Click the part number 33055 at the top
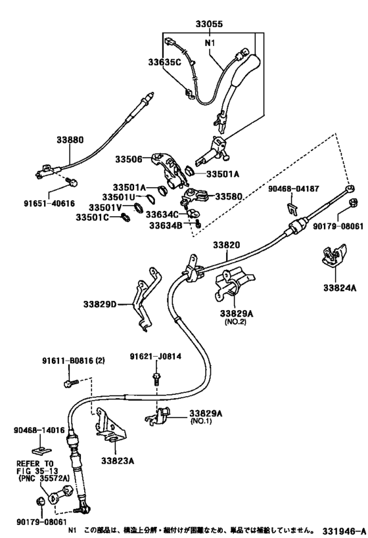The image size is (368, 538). click(209, 24)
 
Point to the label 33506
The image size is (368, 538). click(129, 159)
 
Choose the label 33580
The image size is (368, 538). click(228, 196)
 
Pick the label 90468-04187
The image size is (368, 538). click(294, 189)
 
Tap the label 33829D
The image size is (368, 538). click(100, 304)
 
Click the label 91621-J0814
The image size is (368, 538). click(155, 357)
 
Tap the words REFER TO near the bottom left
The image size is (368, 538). click(31, 462)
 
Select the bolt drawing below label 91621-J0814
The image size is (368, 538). click(155, 377)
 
